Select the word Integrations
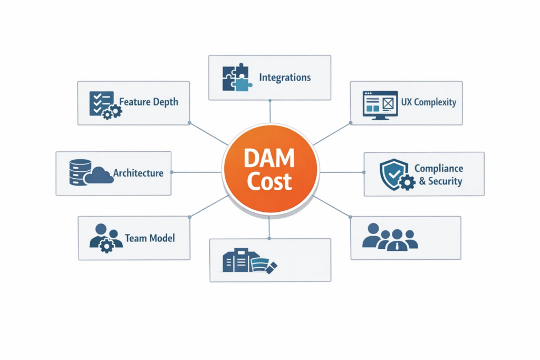click(285, 77)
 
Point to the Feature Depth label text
click(149, 102)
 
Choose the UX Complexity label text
click(428, 102)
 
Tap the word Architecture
click(138, 173)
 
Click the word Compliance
click(438, 169)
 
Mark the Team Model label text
click(150, 238)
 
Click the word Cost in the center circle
click(269, 181)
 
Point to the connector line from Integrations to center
click(270, 112)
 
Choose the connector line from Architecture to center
click(196, 172)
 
